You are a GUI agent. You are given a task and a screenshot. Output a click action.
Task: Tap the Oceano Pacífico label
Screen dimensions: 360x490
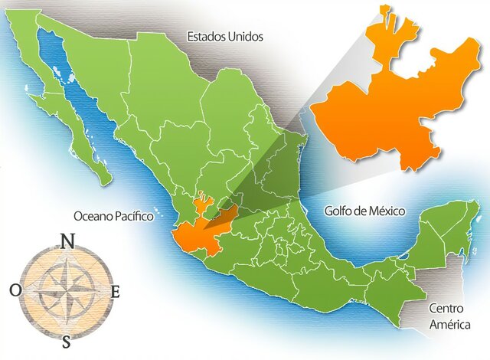113,217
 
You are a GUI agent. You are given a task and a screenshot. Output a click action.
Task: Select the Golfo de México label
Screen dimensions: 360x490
364,210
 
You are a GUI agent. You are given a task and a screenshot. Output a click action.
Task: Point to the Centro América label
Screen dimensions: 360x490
448,316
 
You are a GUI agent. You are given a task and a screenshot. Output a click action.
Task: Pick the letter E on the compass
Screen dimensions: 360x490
116,291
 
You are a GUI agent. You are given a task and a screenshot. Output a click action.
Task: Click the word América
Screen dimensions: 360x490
448,324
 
